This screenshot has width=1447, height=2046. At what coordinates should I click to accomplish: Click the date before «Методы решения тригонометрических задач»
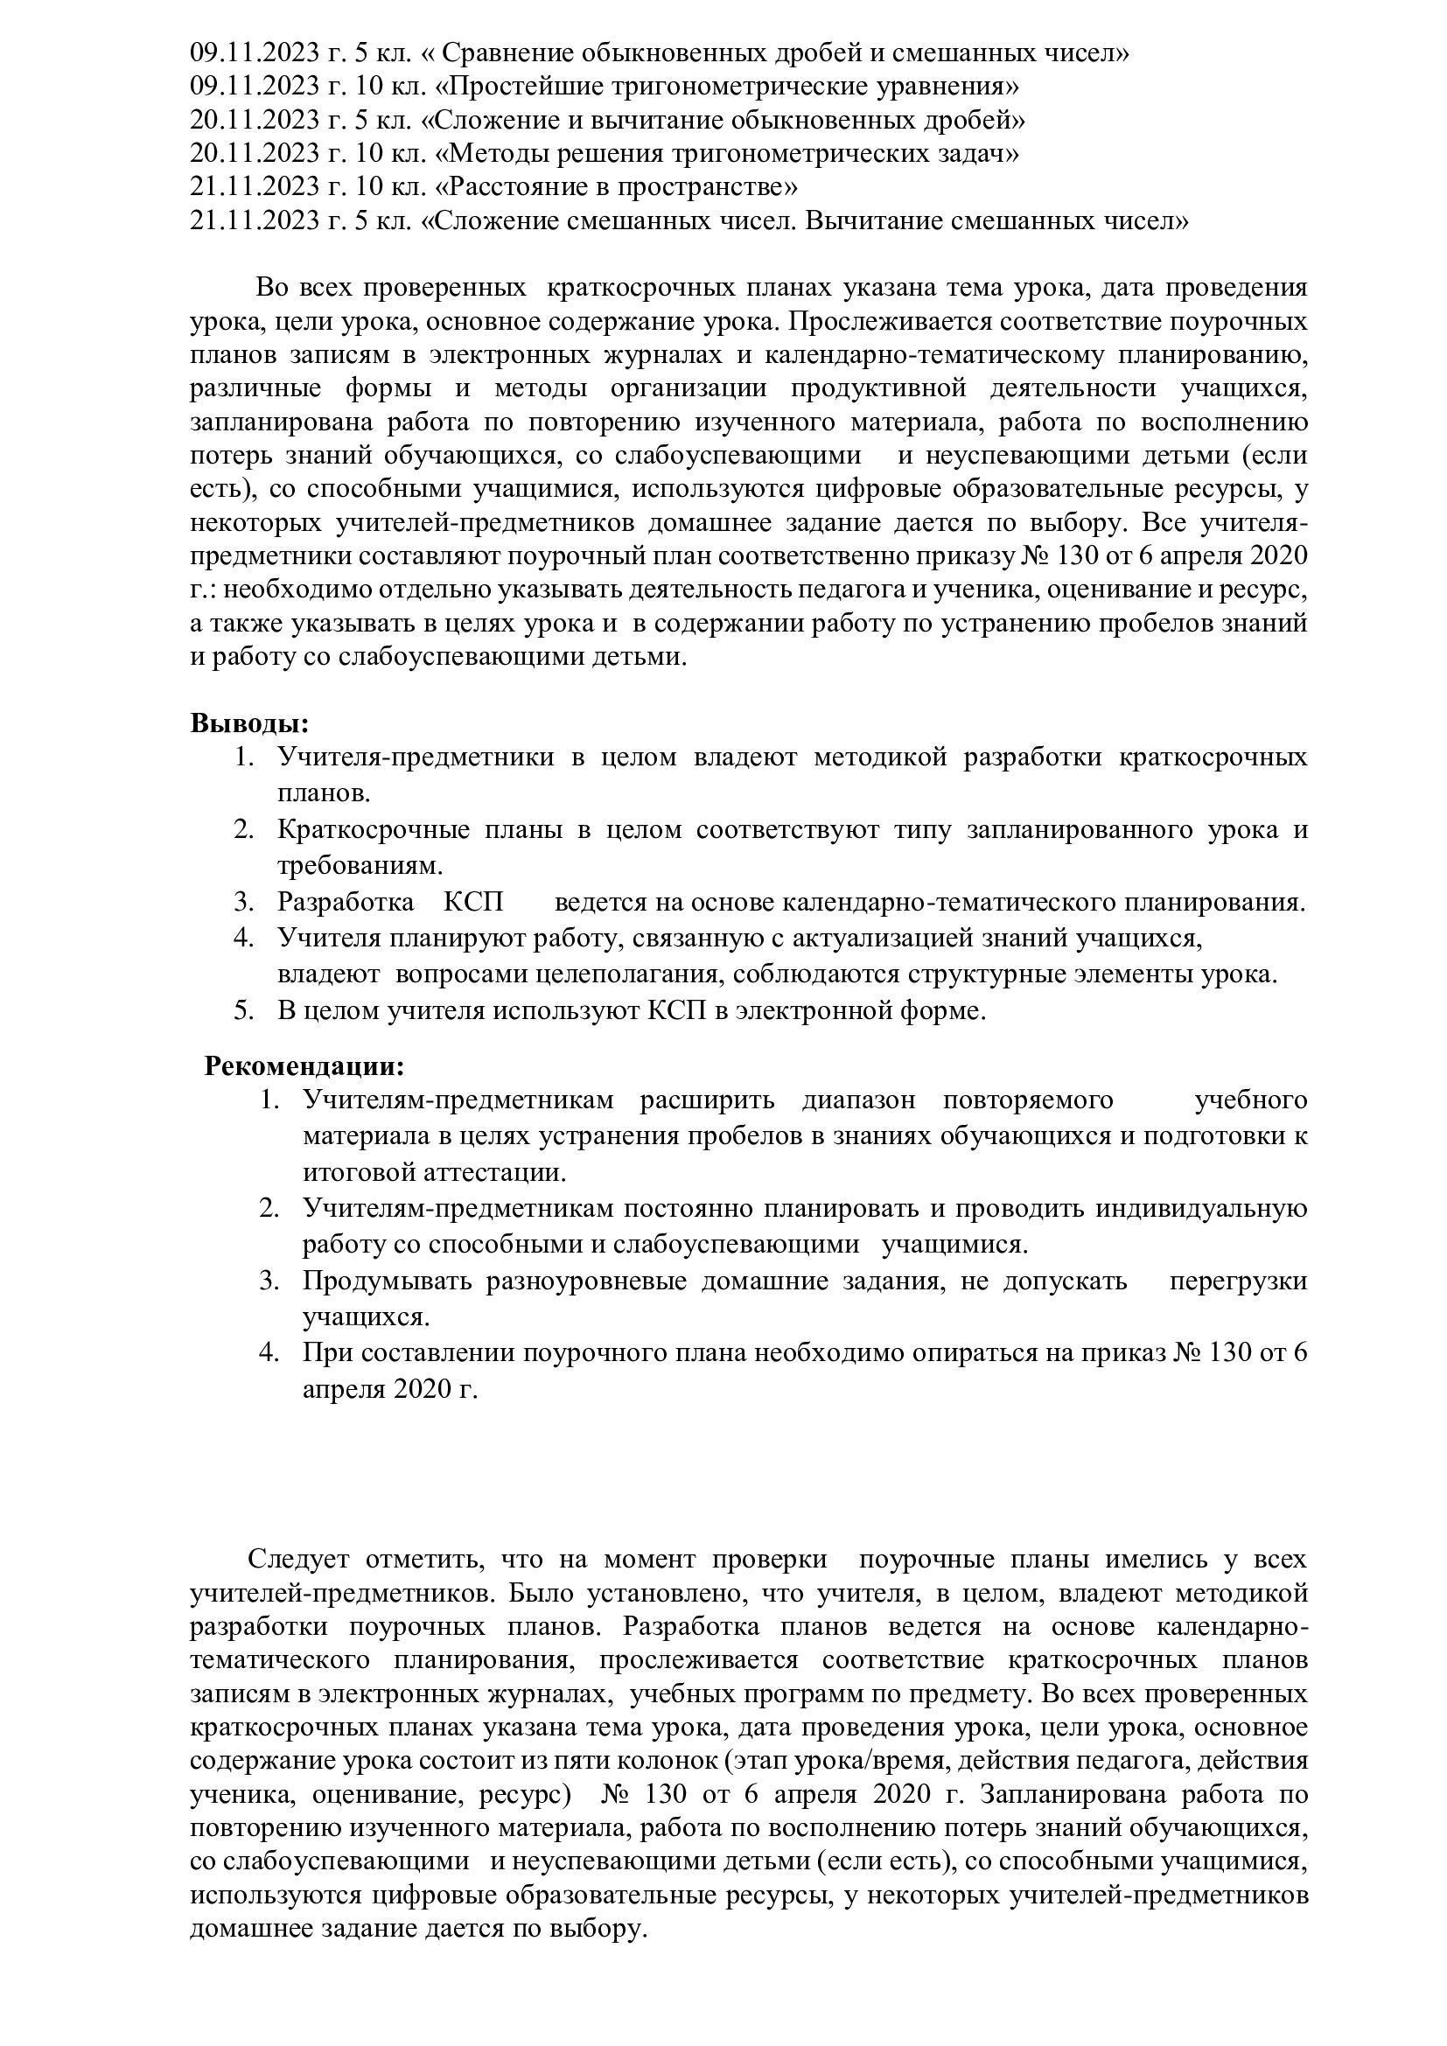coord(256,154)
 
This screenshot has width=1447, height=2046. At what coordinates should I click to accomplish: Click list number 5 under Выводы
coord(243,1011)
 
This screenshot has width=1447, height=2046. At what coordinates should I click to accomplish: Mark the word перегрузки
coord(1239,1281)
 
